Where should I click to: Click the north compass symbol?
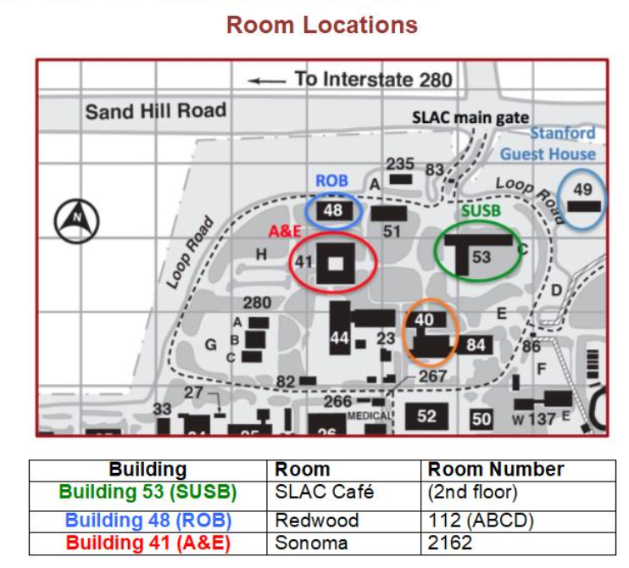pyautogui.click(x=76, y=220)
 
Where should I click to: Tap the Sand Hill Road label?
pyautogui.click(x=156, y=111)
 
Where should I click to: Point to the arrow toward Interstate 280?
pyautogui.click(x=267, y=81)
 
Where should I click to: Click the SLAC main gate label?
pyautogui.click(x=470, y=118)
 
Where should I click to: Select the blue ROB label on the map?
pyautogui.click(x=331, y=181)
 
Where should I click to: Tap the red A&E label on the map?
pyautogui.click(x=285, y=231)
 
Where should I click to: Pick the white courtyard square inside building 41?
pyautogui.click(x=336, y=264)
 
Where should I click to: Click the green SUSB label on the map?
pyautogui.click(x=481, y=210)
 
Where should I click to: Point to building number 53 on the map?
pyautogui.click(x=481, y=257)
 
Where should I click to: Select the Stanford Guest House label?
pyautogui.click(x=548, y=143)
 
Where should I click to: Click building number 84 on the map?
pyautogui.click(x=476, y=344)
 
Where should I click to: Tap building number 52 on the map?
pyautogui.click(x=426, y=416)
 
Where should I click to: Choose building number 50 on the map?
pyautogui.click(x=481, y=419)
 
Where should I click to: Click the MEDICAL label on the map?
pyautogui.click(x=369, y=416)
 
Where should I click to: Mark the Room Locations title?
pyautogui.click(x=322, y=25)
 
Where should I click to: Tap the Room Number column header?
pyautogui.click(x=496, y=470)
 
